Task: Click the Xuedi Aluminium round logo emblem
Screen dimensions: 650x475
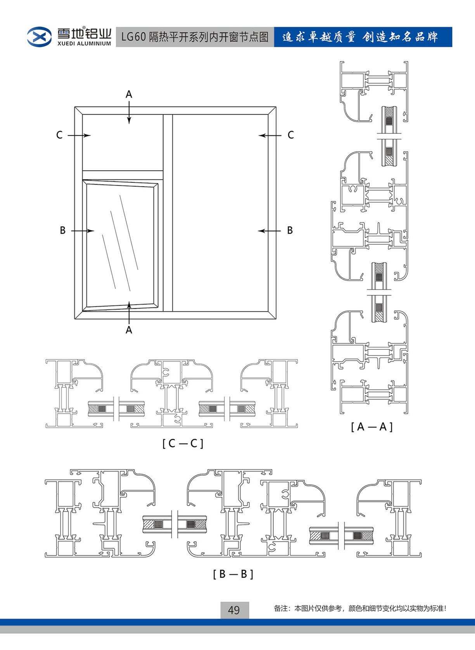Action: (39, 36)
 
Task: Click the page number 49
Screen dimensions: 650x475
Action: (234, 610)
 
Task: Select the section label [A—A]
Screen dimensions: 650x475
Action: (371, 427)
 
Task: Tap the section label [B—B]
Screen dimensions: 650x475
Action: (233, 574)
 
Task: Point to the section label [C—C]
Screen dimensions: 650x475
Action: (183, 443)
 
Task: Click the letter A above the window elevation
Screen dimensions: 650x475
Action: (129, 94)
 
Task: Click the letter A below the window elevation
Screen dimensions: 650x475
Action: (129, 330)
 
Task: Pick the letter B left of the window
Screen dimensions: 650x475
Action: (62, 231)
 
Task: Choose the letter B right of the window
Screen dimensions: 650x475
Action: (290, 231)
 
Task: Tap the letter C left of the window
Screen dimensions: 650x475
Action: (59, 135)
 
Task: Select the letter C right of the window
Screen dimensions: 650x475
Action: (290, 135)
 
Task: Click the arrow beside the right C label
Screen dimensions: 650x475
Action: (270, 135)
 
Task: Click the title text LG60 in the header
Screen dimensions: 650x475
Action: (133, 37)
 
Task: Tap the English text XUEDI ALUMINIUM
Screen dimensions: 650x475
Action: (84, 44)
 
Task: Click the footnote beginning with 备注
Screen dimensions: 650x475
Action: (360, 608)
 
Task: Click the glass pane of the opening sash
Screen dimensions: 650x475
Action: (120, 244)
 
